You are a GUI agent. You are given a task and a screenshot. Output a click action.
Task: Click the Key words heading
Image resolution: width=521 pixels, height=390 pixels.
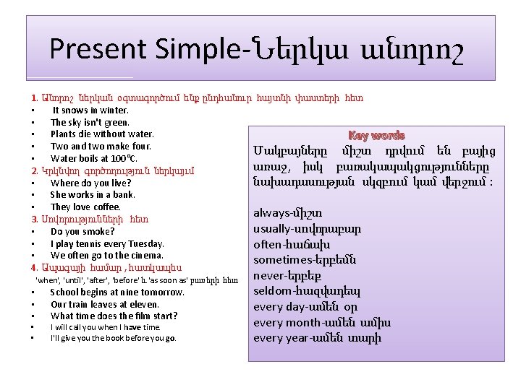(376, 135)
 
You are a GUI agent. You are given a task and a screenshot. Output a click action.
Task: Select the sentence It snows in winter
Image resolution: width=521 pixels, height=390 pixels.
(90, 110)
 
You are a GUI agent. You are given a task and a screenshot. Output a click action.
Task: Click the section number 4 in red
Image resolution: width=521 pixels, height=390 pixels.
(33, 267)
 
